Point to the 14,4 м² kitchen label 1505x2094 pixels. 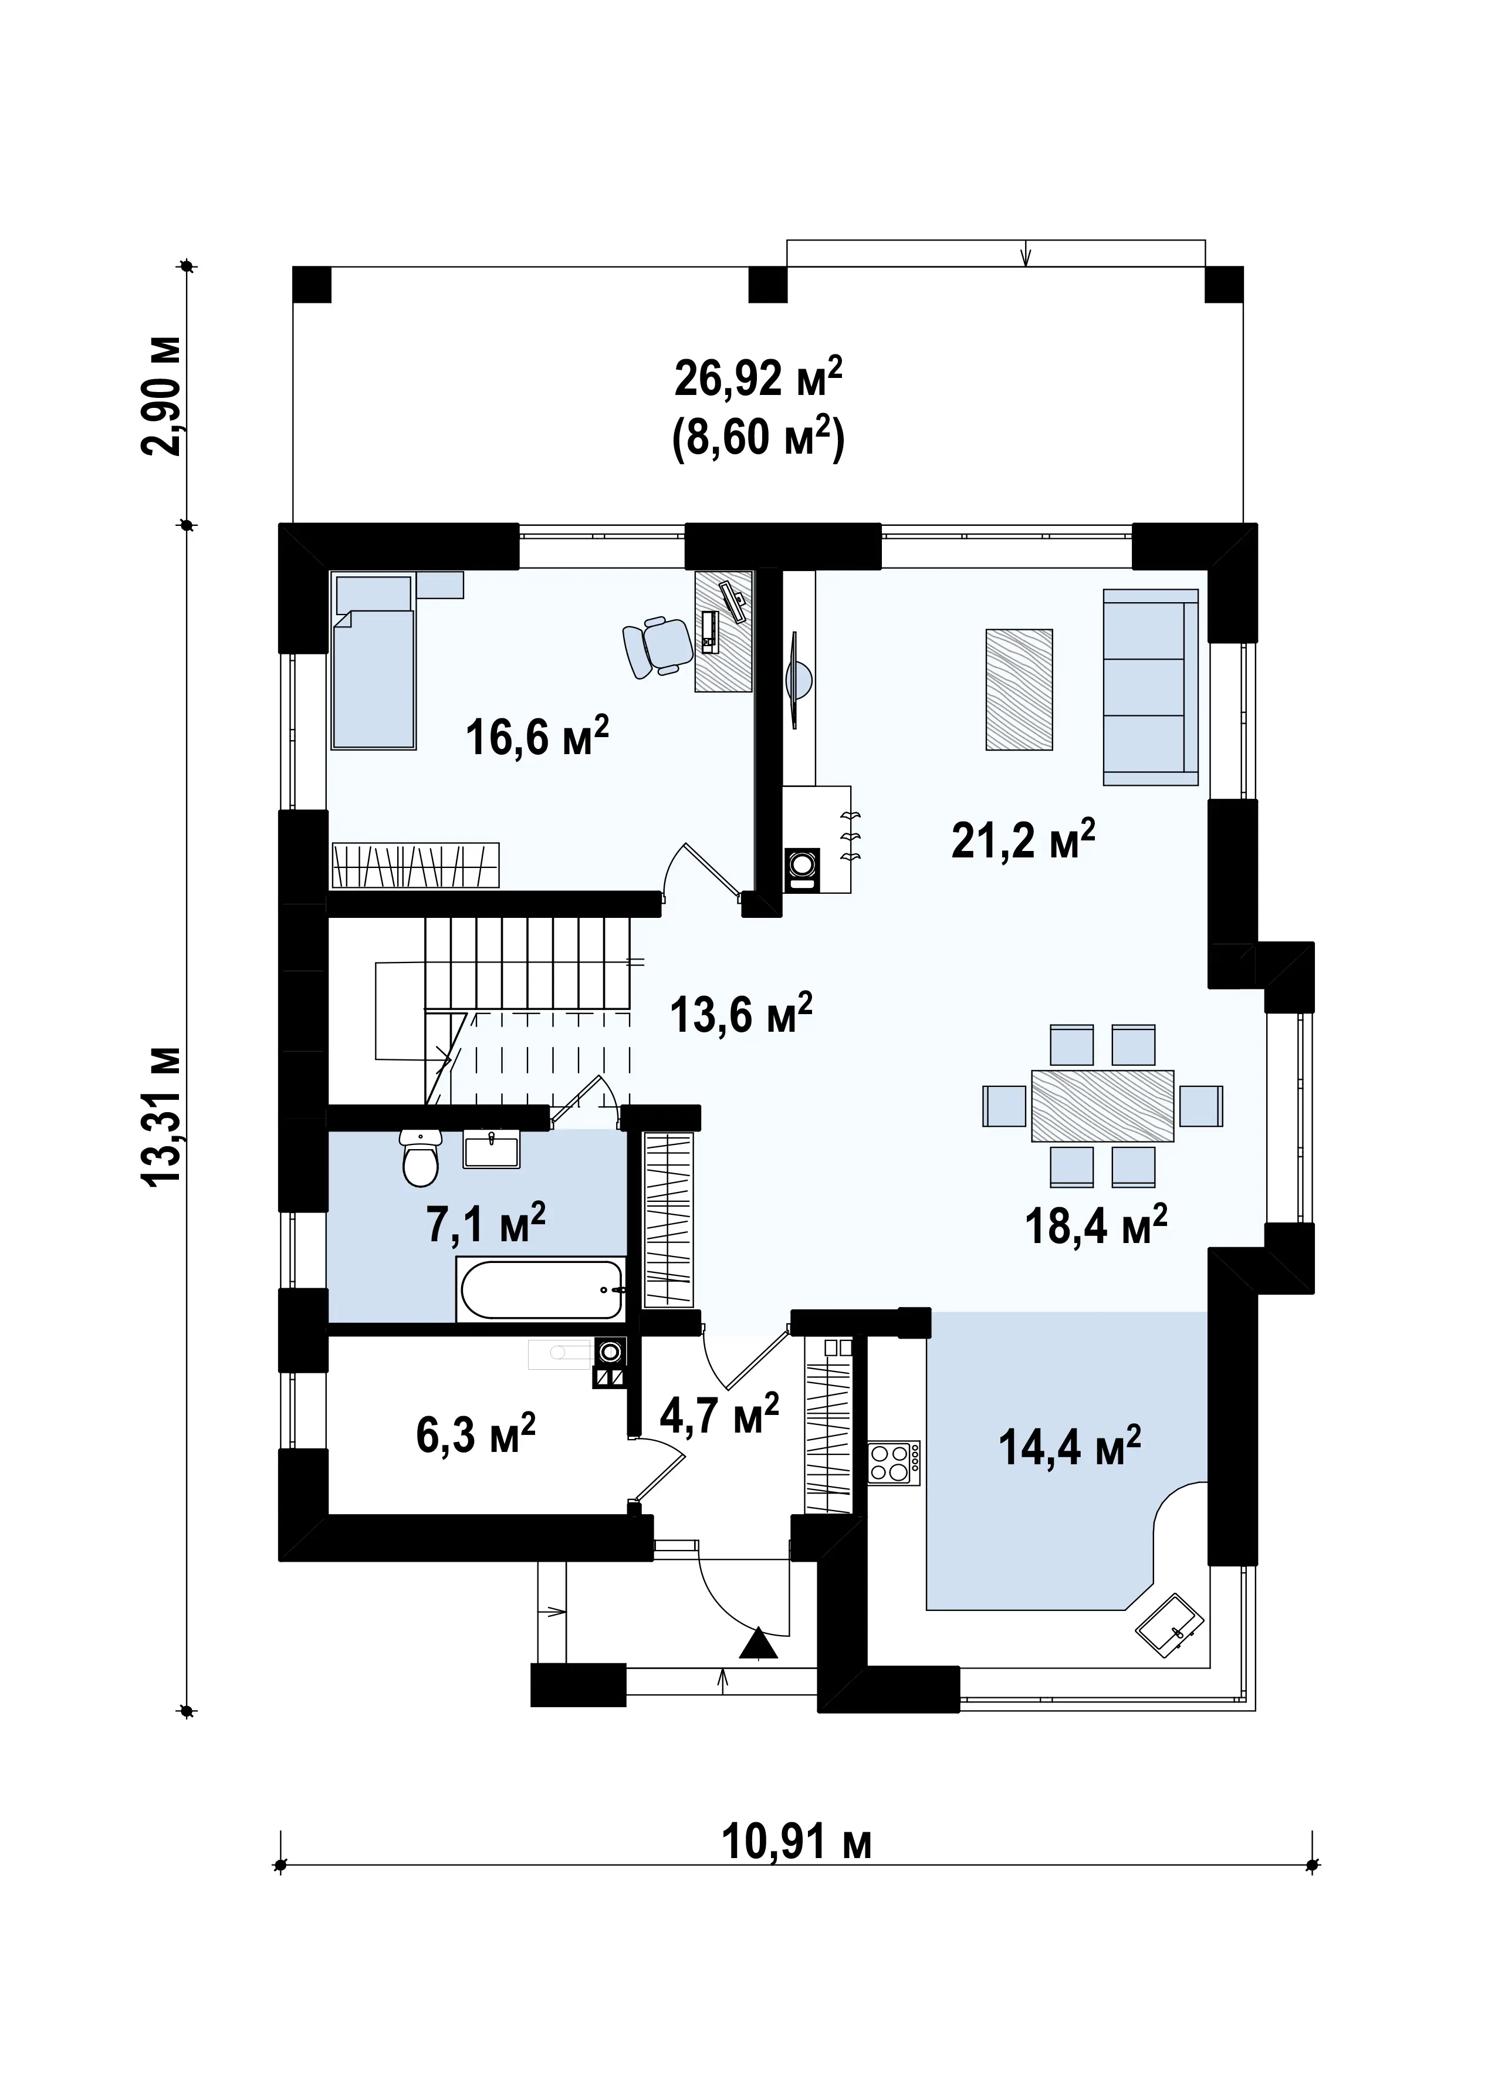[1069, 1446]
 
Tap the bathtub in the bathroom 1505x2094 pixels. [541, 1290]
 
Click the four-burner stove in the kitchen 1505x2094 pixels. [894, 1463]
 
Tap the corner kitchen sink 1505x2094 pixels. [1168, 1626]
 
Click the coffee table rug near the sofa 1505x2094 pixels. [1019, 690]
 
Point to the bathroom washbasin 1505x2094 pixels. [491, 1150]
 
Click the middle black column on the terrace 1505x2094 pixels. [767, 285]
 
